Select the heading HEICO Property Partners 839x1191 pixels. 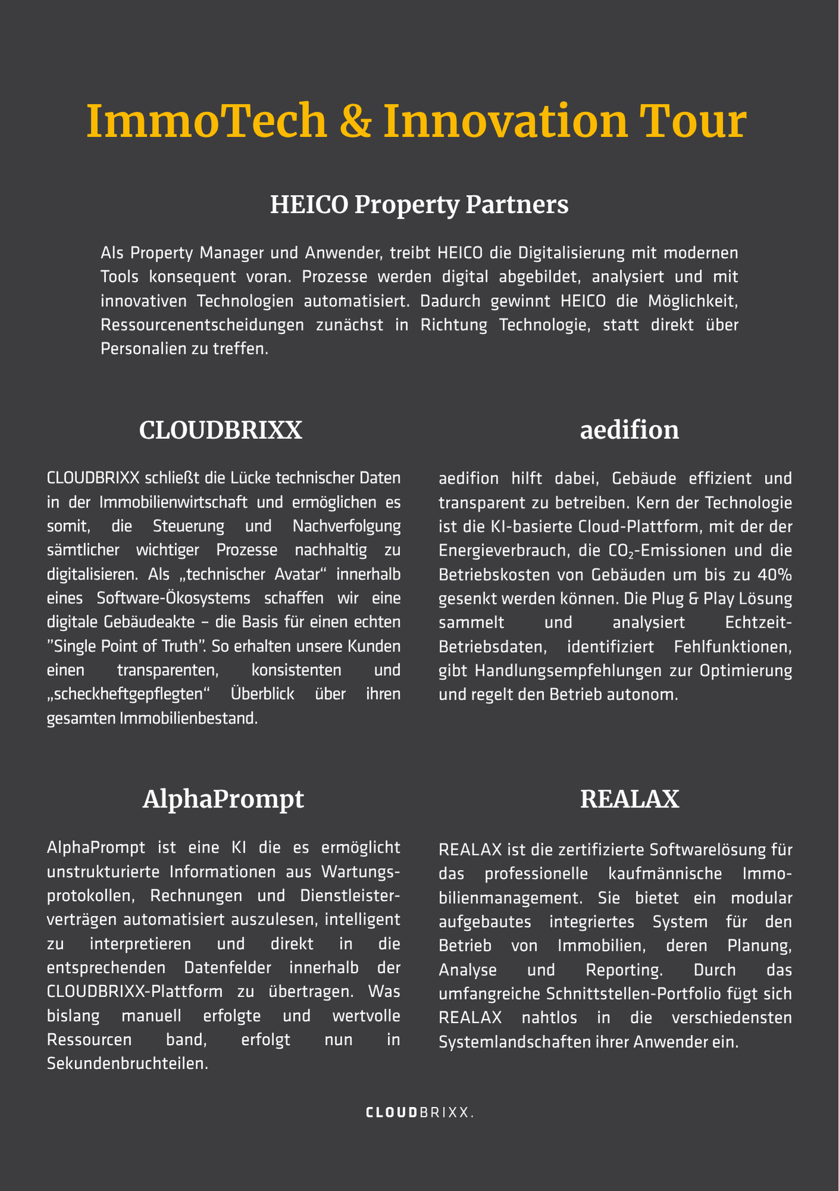(x=419, y=205)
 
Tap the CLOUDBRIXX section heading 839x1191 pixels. (x=221, y=430)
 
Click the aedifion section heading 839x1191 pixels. (x=629, y=430)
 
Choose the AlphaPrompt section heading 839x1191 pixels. (x=223, y=799)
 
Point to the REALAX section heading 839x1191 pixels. (x=629, y=799)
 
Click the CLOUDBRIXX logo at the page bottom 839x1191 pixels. (x=420, y=1112)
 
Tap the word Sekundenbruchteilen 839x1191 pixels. (x=127, y=1064)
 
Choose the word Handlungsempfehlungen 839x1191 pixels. (x=559, y=671)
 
